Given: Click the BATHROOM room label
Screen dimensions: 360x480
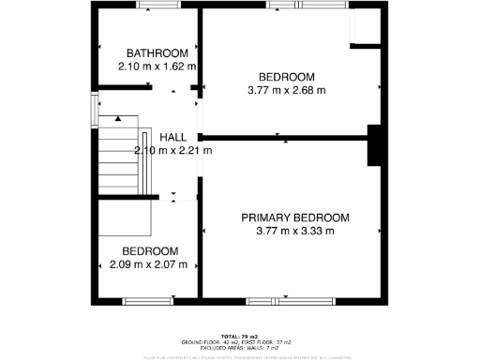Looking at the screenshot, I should tap(151, 53).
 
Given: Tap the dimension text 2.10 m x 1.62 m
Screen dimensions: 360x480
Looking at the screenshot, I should tap(157, 67).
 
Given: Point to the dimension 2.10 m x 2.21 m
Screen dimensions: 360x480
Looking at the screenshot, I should tap(174, 151).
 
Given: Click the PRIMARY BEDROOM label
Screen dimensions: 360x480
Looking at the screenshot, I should tap(295, 217).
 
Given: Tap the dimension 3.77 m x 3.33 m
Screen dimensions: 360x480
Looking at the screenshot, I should tap(295, 231).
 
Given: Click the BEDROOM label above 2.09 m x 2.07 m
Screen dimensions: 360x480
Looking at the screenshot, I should tap(151, 251).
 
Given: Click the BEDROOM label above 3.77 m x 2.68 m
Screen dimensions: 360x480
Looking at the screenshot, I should tap(286, 77).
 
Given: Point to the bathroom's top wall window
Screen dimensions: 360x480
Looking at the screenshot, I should tap(157, 7).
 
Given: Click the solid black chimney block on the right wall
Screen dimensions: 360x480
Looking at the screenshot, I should tap(373, 145).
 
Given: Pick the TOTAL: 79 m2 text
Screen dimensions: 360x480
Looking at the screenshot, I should tap(239, 336).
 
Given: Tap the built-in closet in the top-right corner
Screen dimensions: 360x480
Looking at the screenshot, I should tap(365, 29).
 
